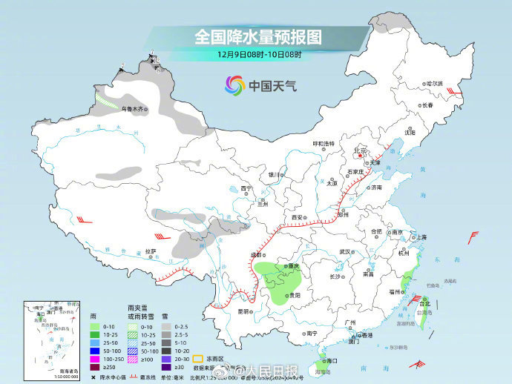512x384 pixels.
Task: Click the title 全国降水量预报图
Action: click(x=259, y=36)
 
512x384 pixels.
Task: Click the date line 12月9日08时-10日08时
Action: click(x=259, y=55)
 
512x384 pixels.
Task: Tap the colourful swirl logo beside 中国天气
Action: click(x=235, y=86)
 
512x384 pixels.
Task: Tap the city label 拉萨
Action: click(x=151, y=251)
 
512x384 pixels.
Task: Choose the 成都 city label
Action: click(x=255, y=254)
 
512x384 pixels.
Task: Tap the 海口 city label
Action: click(x=332, y=360)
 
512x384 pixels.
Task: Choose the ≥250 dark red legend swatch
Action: click(x=94, y=366)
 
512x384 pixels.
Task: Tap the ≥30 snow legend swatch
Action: click(x=169, y=366)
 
